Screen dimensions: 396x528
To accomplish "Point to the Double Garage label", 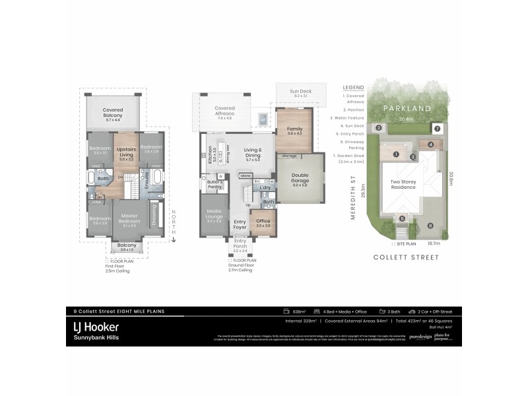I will click(x=304, y=178).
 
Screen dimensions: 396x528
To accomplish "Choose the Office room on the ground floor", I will click(x=263, y=222).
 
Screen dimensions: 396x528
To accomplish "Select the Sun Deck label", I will click(x=300, y=92).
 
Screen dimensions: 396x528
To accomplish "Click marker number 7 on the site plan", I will click(x=436, y=127).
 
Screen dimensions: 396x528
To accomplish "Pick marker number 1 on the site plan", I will click(x=396, y=154).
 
